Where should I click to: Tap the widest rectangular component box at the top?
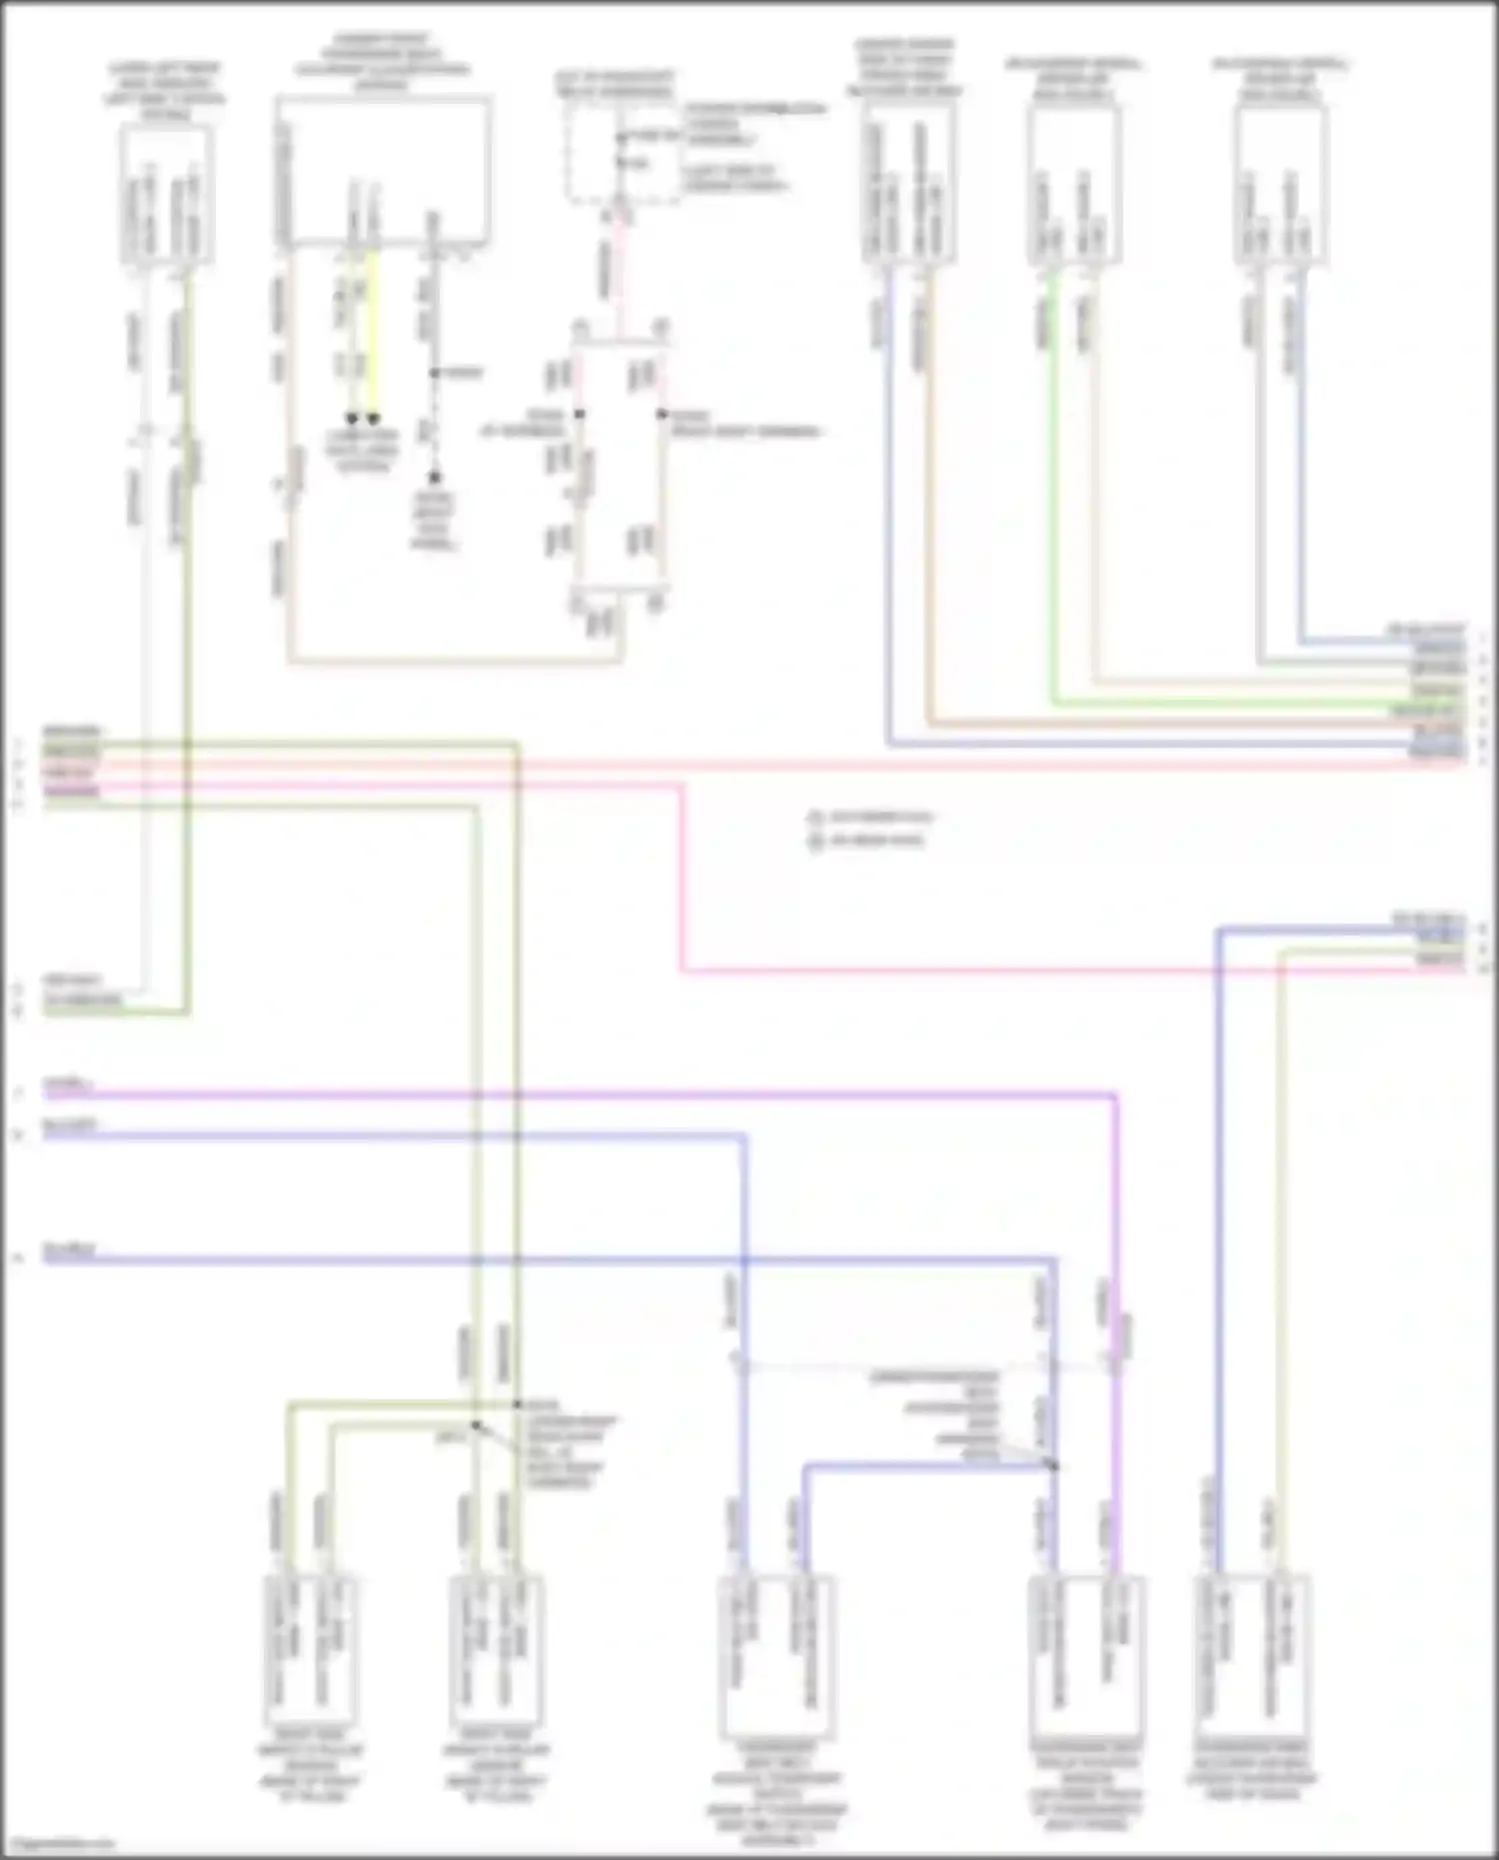(x=383, y=170)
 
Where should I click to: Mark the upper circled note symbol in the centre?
(x=815, y=818)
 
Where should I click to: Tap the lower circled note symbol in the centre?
(x=815, y=841)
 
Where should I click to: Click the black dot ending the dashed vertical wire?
(x=435, y=479)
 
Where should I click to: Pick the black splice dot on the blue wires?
(x=1053, y=1466)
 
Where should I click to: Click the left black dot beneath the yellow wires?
(x=352, y=419)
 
